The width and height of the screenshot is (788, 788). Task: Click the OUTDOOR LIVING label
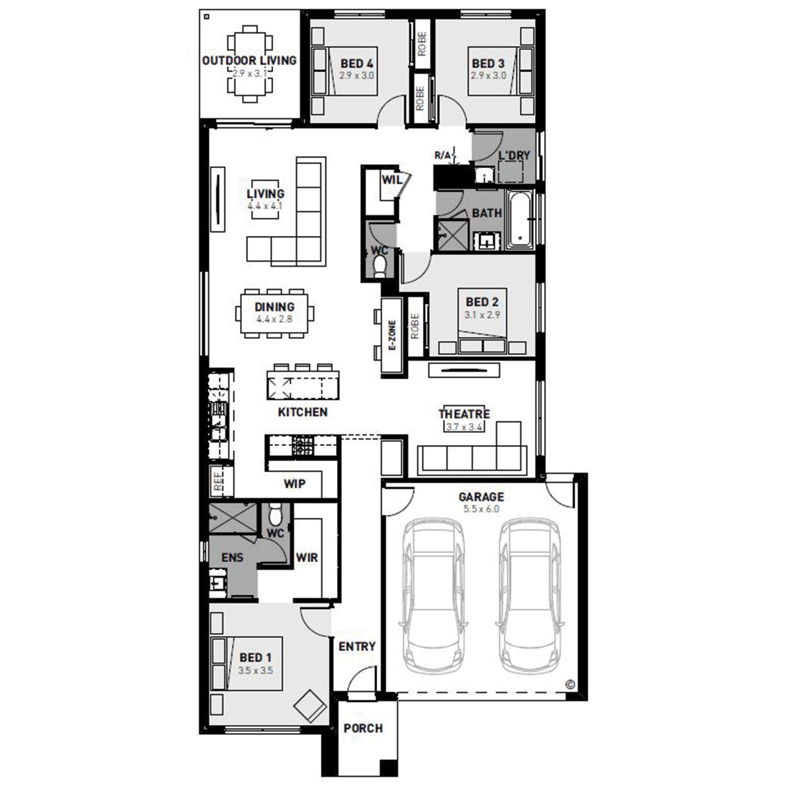249,60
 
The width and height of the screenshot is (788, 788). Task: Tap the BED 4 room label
357,64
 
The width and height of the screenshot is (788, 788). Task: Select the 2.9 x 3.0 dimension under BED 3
488,75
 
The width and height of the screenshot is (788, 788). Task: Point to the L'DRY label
514,155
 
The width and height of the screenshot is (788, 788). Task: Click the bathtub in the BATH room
520,220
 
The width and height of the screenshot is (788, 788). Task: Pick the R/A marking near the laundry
442,155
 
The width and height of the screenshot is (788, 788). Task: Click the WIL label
392,180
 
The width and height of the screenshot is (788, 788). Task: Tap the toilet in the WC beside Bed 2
379,266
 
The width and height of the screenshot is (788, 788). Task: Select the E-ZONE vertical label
392,335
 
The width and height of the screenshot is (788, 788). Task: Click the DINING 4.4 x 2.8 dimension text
274,319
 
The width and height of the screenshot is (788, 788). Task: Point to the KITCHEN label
303,412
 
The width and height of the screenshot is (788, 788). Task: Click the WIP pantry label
295,483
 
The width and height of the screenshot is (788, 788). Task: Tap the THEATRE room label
464,414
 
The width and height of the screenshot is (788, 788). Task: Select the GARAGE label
481,496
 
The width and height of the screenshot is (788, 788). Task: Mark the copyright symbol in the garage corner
571,684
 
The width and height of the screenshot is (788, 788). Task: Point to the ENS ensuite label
232,557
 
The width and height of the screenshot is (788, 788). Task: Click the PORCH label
363,728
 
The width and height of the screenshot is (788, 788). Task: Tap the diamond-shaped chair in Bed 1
310,706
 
